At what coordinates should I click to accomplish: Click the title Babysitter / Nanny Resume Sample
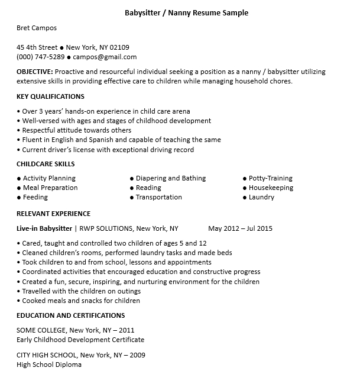[187, 12]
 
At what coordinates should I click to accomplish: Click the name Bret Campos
[37, 28]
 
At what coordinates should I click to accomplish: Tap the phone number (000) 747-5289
[41, 57]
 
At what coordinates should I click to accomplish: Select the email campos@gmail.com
[105, 57]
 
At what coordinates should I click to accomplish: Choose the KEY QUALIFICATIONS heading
[50, 96]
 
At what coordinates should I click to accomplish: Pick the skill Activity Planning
[49, 178]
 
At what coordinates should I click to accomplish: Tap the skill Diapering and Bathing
[171, 178]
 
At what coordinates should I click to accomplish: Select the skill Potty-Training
[270, 178]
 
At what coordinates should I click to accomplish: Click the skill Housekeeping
[271, 188]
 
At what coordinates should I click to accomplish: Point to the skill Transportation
[159, 197]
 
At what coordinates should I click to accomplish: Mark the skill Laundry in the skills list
[261, 197]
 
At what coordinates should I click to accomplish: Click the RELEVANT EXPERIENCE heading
[53, 214]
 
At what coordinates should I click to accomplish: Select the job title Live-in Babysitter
[44, 228]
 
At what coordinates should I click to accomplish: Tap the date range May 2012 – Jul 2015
[240, 228]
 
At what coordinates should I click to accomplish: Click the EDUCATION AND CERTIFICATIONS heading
[70, 315]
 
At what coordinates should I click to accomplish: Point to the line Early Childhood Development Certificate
[80, 340]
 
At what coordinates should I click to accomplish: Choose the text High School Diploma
[49, 365]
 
